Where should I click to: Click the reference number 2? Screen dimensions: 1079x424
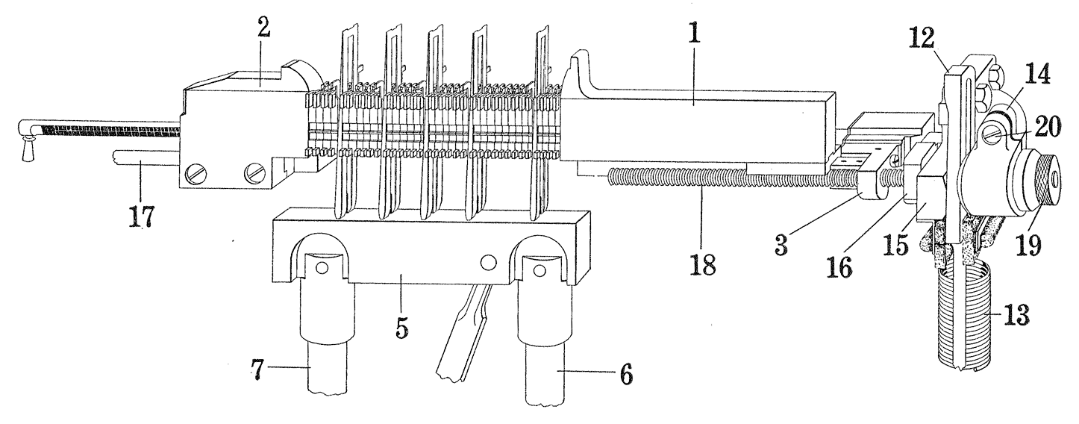(x=263, y=29)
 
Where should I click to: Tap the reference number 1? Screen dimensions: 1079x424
(x=694, y=31)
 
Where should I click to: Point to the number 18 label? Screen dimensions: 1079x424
(x=703, y=264)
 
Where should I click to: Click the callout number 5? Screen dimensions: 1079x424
(x=401, y=328)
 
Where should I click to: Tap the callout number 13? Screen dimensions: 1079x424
(x=1016, y=314)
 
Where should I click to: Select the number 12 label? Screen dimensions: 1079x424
(x=922, y=37)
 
